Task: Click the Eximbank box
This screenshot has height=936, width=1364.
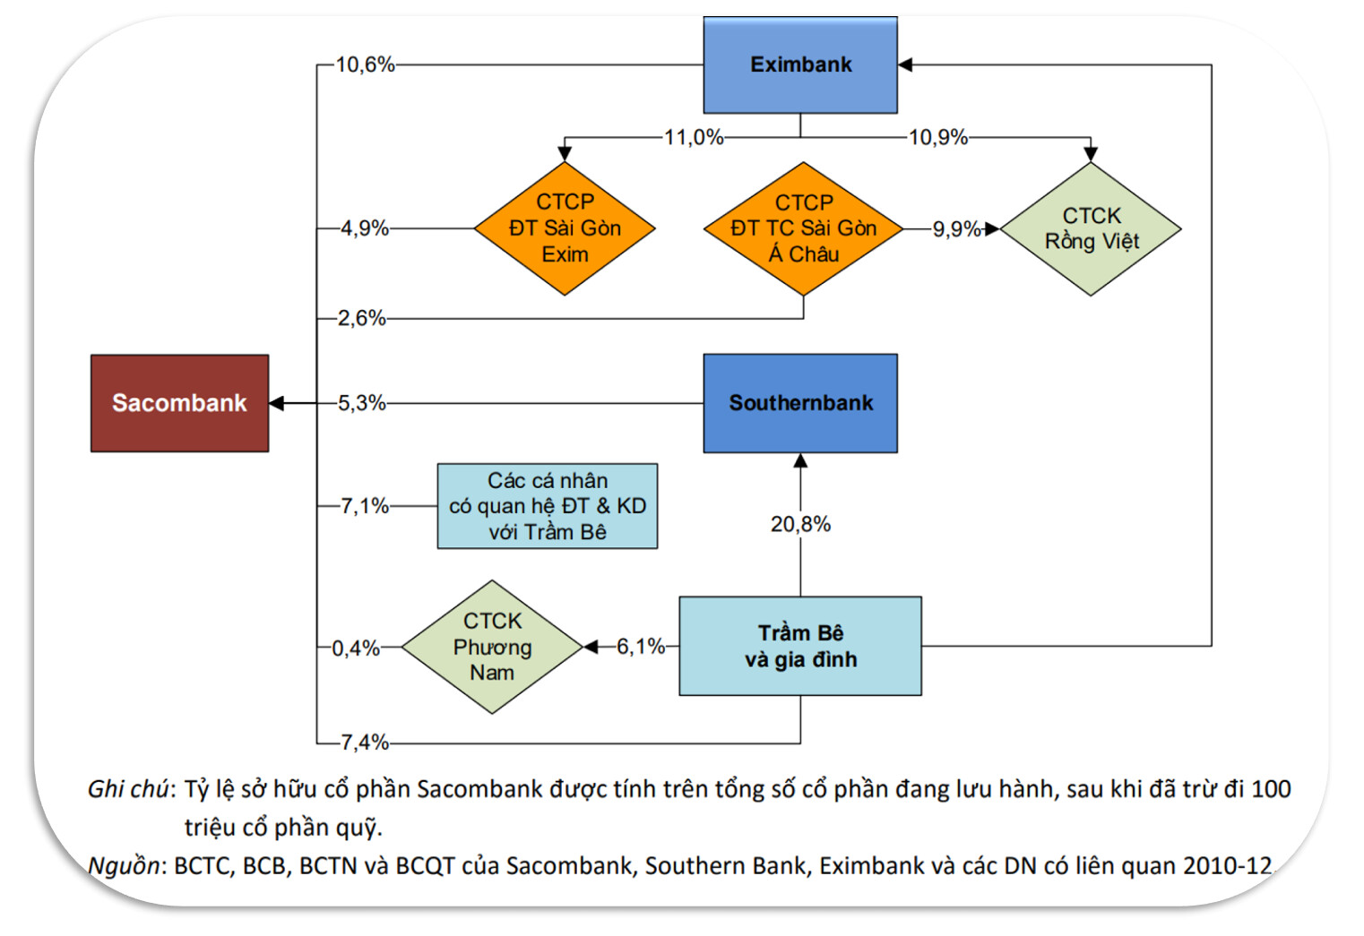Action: tap(800, 64)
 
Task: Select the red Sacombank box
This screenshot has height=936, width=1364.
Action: tap(179, 403)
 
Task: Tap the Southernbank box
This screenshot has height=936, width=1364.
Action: tap(800, 403)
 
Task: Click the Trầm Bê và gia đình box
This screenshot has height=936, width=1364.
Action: tap(800, 646)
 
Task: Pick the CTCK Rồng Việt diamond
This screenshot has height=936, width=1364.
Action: tap(1091, 229)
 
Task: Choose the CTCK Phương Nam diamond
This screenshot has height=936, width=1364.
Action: tap(492, 647)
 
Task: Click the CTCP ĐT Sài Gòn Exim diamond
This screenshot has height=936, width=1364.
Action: tap(565, 228)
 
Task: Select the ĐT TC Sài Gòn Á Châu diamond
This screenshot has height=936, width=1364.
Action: tap(803, 228)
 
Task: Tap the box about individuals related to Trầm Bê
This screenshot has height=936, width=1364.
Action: tap(547, 506)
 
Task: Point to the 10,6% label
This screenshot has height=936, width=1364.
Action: tap(365, 64)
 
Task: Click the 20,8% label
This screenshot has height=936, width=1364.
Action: tap(800, 524)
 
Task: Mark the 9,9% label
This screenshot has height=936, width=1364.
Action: tap(956, 229)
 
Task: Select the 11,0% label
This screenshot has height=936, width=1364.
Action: tap(693, 137)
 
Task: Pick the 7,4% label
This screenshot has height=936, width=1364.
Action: tap(364, 743)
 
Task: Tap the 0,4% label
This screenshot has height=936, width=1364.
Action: tap(356, 648)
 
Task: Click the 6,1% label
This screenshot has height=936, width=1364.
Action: tap(640, 647)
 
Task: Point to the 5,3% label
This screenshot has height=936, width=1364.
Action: tap(362, 403)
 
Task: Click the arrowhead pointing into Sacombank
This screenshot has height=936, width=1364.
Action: tap(277, 403)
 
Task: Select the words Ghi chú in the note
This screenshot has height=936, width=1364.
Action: tap(128, 789)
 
